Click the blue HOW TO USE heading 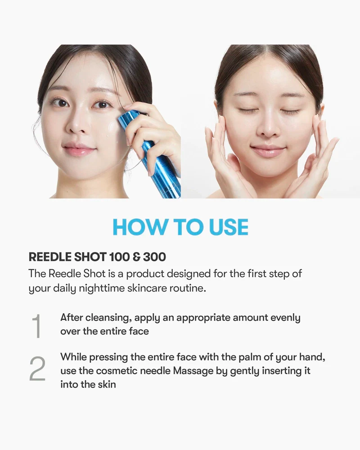pyautogui.click(x=180, y=227)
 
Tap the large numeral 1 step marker pyautogui.click(x=37, y=326)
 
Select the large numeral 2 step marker pyautogui.click(x=37, y=369)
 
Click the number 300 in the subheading pyautogui.click(x=154, y=257)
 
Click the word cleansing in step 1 pyautogui.click(x=108, y=318)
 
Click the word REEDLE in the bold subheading pyautogui.click(x=50, y=257)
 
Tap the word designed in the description pyautogui.click(x=189, y=274)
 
